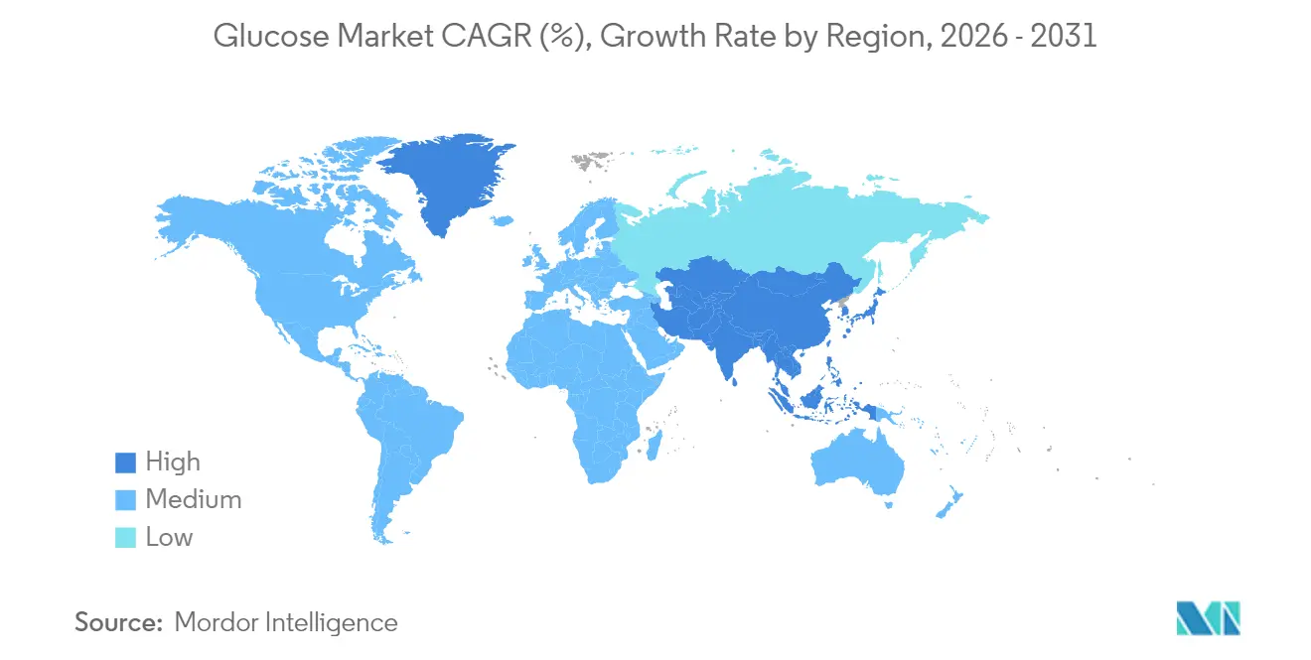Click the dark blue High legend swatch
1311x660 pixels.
[125, 462]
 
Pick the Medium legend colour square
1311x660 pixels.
[125, 500]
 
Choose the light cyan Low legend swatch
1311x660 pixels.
[125, 538]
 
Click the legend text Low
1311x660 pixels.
[169, 538]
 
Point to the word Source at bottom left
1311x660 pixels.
[118, 623]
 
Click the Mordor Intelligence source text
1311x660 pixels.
[285, 623]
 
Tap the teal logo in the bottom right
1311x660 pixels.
[1207, 618]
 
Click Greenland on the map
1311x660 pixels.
[447, 179]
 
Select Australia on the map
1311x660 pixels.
[856, 462]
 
